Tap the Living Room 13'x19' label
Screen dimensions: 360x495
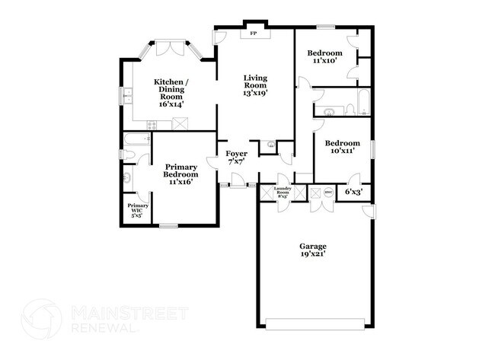point(255,84)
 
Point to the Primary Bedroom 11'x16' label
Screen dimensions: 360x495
point(181,174)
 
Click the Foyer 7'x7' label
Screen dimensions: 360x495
point(235,158)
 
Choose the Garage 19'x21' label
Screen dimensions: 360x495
point(312,250)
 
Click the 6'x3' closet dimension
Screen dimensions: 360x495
point(353,193)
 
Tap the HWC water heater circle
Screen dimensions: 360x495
point(328,193)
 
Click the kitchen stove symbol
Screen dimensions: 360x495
point(180,123)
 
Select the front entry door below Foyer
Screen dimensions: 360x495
point(237,181)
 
